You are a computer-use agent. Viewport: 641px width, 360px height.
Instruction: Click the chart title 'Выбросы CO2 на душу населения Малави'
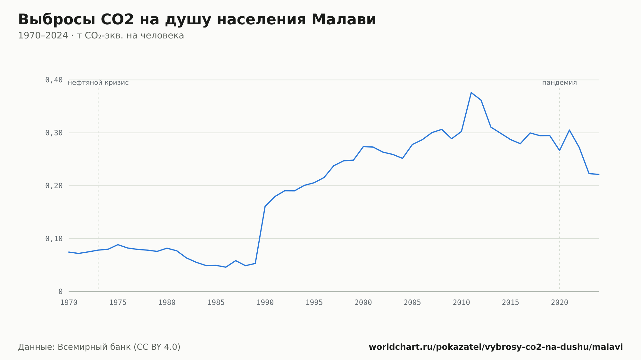pyautogui.click(x=197, y=20)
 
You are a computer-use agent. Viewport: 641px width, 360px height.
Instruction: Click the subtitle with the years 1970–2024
pyautogui.click(x=101, y=36)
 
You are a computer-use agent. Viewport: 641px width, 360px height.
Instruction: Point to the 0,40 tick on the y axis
pyautogui.click(x=54, y=80)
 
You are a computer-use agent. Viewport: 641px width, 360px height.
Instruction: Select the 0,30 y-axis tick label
pyautogui.click(x=54, y=133)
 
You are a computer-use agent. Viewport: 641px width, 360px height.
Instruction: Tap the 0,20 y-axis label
pyautogui.click(x=54, y=186)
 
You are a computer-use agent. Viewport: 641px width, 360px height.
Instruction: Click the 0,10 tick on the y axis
pyautogui.click(x=54, y=239)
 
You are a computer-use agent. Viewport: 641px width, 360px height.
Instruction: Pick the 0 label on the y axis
pyautogui.click(x=60, y=291)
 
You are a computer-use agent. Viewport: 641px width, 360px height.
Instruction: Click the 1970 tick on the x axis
pyautogui.click(x=69, y=303)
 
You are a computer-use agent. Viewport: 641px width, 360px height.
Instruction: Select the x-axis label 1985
pyautogui.click(x=216, y=303)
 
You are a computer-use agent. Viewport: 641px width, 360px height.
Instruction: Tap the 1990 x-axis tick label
pyautogui.click(x=265, y=303)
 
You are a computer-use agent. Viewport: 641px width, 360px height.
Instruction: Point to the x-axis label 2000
pyautogui.click(x=363, y=303)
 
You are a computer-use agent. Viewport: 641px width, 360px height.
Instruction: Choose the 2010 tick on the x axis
pyautogui.click(x=461, y=303)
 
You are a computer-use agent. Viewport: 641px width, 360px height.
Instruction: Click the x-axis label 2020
pyautogui.click(x=560, y=303)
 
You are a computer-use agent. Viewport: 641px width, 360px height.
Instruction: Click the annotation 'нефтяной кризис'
pyautogui.click(x=98, y=83)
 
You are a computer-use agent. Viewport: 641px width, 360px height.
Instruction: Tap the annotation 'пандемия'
pyautogui.click(x=560, y=83)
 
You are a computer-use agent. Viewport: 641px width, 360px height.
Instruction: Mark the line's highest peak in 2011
pyautogui.click(x=471, y=93)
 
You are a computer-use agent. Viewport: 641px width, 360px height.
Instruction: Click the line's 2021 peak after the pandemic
pyautogui.click(x=569, y=130)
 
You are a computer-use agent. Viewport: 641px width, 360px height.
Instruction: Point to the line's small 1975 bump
pyautogui.click(x=118, y=245)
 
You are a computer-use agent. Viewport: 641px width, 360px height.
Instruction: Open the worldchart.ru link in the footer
pyautogui.click(x=496, y=347)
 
